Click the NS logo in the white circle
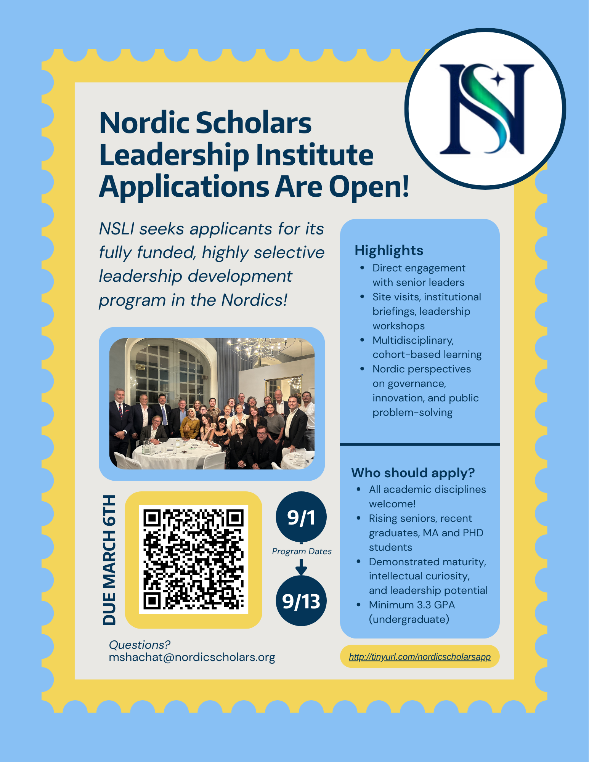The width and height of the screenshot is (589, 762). [x=485, y=109]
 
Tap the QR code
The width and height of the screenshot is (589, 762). [x=193, y=559]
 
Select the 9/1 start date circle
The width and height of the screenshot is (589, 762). [x=301, y=517]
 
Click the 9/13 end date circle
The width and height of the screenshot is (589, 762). [x=301, y=601]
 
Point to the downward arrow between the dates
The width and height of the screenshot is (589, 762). [x=301, y=567]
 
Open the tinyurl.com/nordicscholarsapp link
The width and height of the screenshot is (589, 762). [x=420, y=656]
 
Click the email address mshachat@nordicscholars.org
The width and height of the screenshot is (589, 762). [x=192, y=657]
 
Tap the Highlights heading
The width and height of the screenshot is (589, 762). [x=389, y=250]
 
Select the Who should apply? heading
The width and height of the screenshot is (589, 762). [x=413, y=473]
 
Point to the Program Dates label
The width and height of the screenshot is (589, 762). [x=302, y=551]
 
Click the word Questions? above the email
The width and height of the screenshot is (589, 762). [x=140, y=645]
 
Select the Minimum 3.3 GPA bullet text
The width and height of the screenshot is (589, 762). [x=412, y=605]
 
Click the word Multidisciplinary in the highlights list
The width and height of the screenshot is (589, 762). [x=413, y=340]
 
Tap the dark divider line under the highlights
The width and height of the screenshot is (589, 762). [x=420, y=444]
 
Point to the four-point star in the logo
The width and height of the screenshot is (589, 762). [x=498, y=80]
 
